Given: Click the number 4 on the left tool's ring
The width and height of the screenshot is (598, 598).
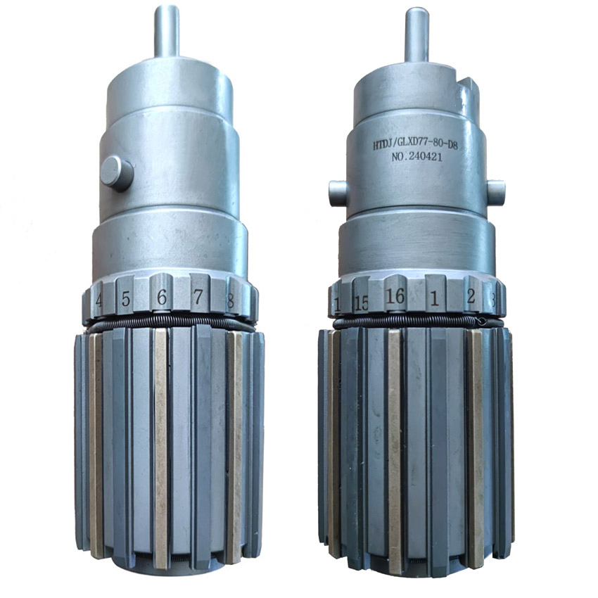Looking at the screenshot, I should click(99, 300).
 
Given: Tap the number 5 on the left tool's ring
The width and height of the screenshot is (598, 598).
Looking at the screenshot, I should click(125, 300).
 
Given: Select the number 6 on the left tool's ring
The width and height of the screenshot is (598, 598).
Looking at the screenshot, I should click(161, 298).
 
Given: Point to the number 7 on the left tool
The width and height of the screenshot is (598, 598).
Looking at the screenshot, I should click(198, 298).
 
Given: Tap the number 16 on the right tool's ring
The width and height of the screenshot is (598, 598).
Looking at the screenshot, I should click(395, 298).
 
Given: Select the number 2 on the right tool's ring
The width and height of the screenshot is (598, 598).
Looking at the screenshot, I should click(471, 298).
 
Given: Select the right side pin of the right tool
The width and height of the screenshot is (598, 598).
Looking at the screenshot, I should click(496, 189).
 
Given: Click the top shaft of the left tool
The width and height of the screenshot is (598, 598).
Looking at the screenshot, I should click(167, 32).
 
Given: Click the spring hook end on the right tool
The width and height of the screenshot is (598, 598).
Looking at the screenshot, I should click(481, 322).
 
